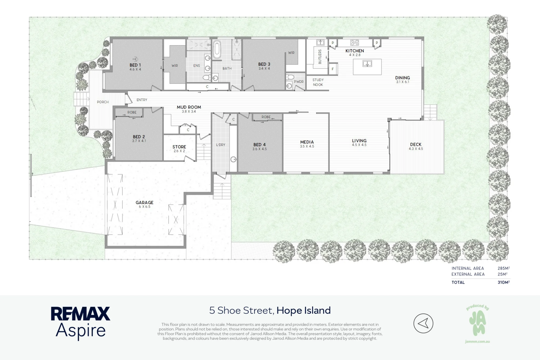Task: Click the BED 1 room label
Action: point(135,65)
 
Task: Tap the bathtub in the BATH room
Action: point(217,50)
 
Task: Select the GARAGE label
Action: point(144,203)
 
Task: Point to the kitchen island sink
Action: point(367,64)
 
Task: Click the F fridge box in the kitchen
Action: point(333,69)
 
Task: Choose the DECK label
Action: point(416,144)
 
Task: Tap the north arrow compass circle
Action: point(423,323)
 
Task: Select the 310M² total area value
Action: point(504,282)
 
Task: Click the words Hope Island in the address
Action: point(303,311)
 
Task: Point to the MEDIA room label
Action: point(307,142)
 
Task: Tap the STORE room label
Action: point(179,147)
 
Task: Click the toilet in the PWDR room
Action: point(290,77)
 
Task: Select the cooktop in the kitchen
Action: point(355,42)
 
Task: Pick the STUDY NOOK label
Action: point(318,82)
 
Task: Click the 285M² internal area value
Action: point(504,268)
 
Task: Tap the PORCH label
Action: point(103,102)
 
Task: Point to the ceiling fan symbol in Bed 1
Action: point(135,59)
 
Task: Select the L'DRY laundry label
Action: point(221,145)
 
